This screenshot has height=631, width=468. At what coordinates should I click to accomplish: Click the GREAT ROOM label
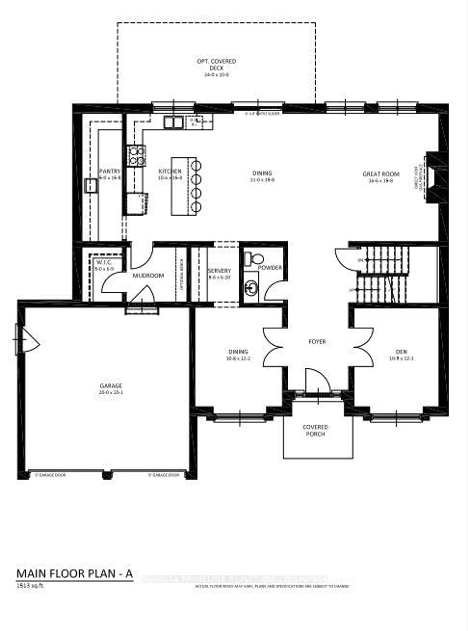[381, 174]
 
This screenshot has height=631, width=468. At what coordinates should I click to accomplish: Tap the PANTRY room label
[110, 171]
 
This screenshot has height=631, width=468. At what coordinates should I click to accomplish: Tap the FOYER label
[317, 342]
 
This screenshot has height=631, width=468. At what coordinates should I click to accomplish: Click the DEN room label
[401, 352]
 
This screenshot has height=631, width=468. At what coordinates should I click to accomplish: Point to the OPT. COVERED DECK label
[216, 65]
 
